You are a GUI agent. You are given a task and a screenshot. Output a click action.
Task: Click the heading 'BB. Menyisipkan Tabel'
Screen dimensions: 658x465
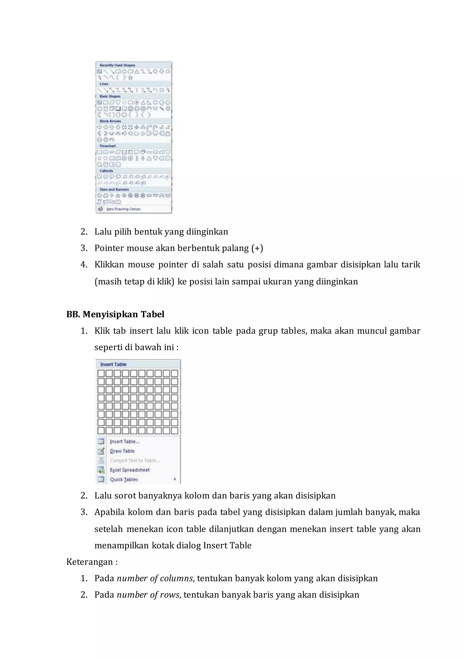click(x=115, y=314)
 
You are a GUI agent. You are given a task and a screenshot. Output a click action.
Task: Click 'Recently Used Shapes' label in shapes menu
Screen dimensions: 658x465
click(x=117, y=65)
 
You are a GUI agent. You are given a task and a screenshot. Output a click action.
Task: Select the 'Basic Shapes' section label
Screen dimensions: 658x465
click(x=110, y=96)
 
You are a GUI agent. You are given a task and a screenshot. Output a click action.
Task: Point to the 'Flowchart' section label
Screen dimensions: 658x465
click(x=108, y=146)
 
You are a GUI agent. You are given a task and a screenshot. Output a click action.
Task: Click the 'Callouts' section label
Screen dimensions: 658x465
click(x=106, y=171)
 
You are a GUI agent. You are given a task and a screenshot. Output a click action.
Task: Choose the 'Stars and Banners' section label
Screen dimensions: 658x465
click(x=114, y=189)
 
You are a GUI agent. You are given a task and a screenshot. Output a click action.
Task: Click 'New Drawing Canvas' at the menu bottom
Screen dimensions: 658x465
click(x=124, y=209)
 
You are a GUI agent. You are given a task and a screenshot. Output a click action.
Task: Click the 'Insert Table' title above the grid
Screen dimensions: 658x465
click(x=113, y=364)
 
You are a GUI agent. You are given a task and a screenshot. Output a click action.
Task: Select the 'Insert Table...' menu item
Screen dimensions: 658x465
click(x=124, y=442)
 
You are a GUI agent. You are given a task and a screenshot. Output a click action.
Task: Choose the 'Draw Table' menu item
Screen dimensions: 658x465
click(x=122, y=451)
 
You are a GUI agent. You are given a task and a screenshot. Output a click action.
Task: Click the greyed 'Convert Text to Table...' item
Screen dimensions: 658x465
click(x=135, y=461)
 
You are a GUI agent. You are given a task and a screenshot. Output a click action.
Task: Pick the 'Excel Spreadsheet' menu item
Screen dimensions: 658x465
click(x=129, y=470)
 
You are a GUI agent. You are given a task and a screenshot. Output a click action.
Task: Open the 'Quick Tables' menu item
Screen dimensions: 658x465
click(x=124, y=479)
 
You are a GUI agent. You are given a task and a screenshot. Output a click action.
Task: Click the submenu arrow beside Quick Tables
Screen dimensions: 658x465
click(x=175, y=479)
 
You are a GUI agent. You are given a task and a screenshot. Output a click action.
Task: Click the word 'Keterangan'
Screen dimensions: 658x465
click(x=90, y=562)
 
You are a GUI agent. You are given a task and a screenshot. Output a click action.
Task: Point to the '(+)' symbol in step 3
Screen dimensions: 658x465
click(x=257, y=248)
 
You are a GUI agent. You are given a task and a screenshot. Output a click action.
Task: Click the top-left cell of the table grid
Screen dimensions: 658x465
click(x=101, y=373)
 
